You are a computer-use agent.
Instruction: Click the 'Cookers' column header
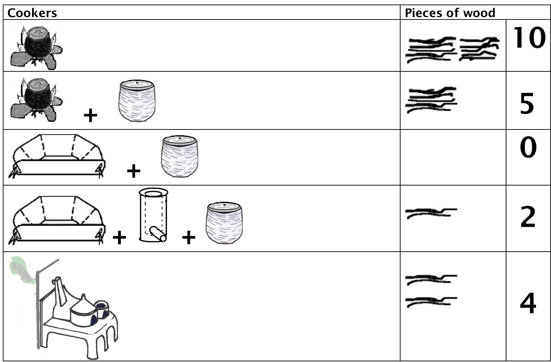point(32,13)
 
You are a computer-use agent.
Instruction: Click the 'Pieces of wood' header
point(450,13)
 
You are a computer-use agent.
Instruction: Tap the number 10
point(529,38)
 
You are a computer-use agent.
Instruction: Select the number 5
point(527,104)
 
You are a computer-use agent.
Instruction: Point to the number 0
point(528,147)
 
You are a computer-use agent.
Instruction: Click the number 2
point(528,217)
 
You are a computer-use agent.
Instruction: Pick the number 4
point(528,303)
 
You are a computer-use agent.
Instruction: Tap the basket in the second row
point(137,101)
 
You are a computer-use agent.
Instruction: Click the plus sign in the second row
point(91,115)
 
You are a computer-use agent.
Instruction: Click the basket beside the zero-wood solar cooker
point(180,156)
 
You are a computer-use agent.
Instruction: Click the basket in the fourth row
point(224,223)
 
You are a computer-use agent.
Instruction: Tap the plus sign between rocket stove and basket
point(189,237)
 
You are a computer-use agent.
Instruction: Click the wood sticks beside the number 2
point(431,213)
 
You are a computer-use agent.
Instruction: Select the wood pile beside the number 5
point(431,100)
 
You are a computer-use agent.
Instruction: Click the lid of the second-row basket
point(137,84)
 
